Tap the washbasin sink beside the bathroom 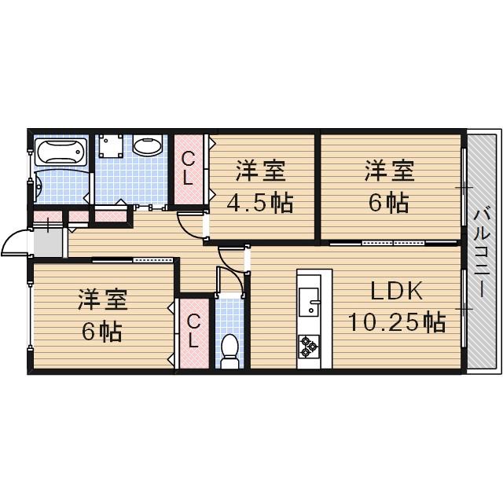click(x=147, y=145)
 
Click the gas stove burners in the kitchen click(x=309, y=343)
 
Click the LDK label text click(x=397, y=292)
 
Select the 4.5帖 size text click(x=259, y=204)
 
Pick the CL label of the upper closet click(x=189, y=168)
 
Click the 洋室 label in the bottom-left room click(x=102, y=301)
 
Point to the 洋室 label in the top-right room click(x=388, y=171)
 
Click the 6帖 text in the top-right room click(x=388, y=203)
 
